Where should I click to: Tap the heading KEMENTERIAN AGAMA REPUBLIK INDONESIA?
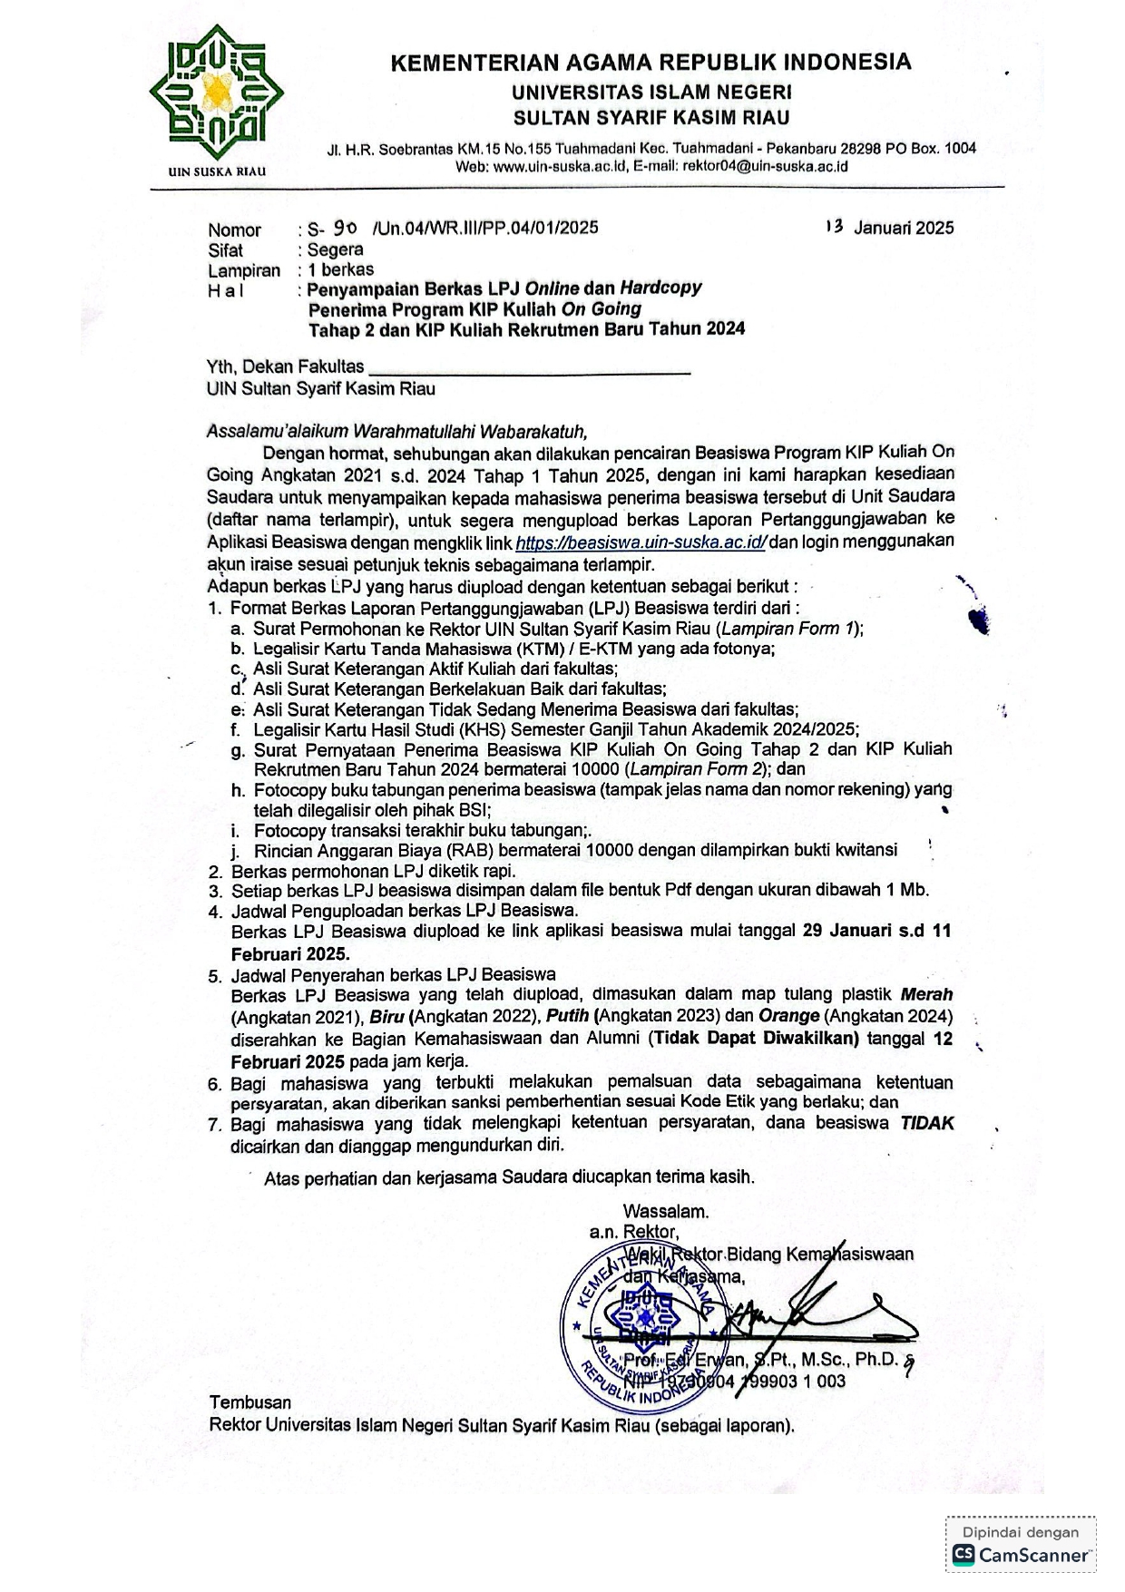click(x=651, y=63)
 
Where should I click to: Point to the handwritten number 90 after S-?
click(x=346, y=227)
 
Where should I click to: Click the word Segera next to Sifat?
click(x=336, y=249)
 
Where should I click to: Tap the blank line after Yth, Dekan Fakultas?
click(x=530, y=368)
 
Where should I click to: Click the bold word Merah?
click(x=926, y=994)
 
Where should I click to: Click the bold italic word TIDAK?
click(x=926, y=1123)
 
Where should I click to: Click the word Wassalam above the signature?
click(x=666, y=1211)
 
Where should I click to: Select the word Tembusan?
click(x=250, y=1402)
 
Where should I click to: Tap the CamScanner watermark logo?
click(x=1021, y=1555)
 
